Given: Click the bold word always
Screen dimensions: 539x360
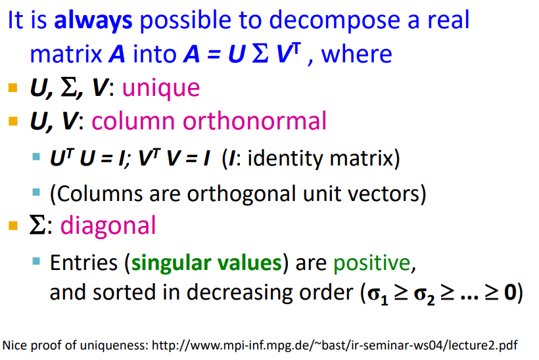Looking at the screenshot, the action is pos(93,20).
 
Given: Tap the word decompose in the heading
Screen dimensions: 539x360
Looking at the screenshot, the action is pos(335,20).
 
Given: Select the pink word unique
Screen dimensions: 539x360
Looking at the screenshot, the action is pos(161,89).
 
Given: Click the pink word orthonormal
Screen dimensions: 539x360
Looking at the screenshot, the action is pos(254,121).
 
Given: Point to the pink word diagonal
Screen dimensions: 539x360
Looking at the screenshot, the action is pos(108,227).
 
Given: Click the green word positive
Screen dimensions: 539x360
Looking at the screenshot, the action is pos(372,263).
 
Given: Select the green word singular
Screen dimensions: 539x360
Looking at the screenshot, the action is pos(171,263).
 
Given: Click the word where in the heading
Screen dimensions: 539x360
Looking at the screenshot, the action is pos(356,55).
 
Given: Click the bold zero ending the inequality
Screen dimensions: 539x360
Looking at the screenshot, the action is pos(510,293).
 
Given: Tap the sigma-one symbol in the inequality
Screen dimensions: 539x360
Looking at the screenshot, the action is pos(377,296).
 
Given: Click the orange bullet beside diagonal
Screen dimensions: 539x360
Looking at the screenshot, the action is pos(13,226).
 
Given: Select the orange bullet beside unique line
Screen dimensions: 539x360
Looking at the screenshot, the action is pos(13,88).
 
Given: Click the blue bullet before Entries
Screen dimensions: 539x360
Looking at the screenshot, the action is pos(36,261).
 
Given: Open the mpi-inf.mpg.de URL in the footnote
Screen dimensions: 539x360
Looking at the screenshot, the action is pos(335,346).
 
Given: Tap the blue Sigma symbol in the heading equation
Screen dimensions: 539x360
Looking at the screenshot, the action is pos(260,54).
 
